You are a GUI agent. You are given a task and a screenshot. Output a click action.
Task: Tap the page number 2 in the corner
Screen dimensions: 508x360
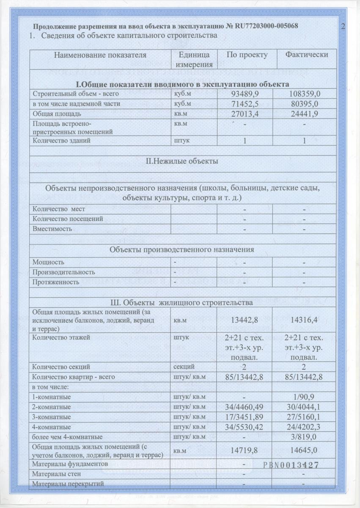tap(343, 26)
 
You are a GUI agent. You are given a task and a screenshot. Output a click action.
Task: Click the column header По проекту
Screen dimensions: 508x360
tap(247, 55)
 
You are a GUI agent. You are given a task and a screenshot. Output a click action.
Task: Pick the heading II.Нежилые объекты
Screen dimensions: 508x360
tap(182, 161)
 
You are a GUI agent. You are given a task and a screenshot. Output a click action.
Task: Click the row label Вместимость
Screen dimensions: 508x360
tap(52, 229)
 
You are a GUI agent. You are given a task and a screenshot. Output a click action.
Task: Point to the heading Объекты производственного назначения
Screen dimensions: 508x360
tap(182, 249)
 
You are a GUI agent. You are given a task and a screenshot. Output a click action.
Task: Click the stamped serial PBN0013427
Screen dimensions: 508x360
tap(290, 464)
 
